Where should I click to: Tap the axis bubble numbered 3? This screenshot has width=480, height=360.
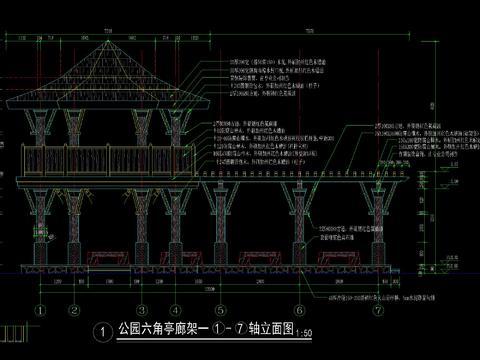[142, 310]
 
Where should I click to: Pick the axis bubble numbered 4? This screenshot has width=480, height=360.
[175, 310]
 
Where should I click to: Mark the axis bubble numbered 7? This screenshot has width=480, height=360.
[387, 310]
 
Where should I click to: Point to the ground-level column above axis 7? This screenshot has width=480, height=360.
[387, 230]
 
